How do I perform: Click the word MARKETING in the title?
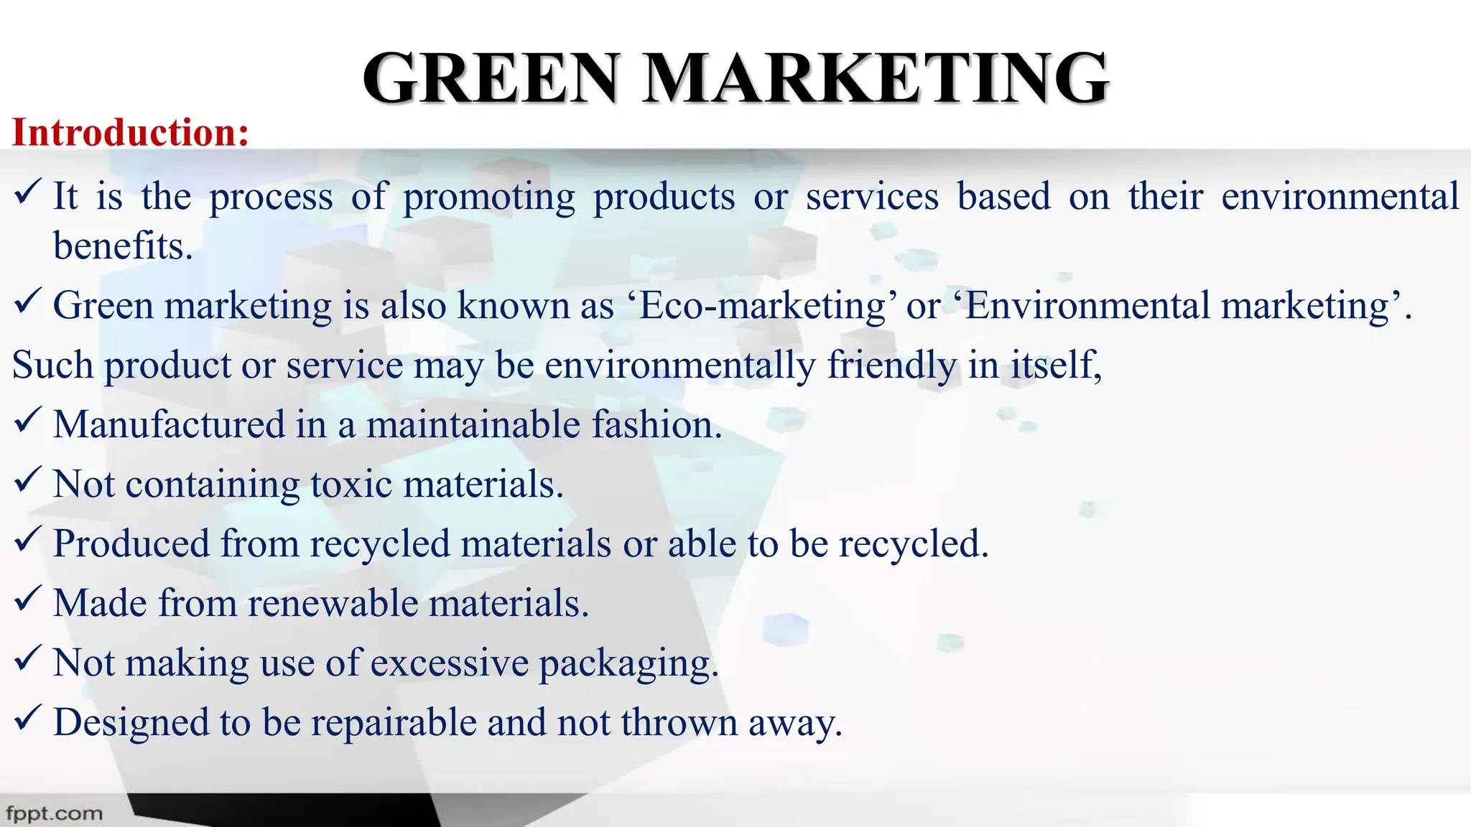pyautogui.click(x=876, y=78)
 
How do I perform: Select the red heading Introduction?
pyautogui.click(x=131, y=133)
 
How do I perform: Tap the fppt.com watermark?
pyautogui.click(x=54, y=814)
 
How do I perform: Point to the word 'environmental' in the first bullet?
pyautogui.click(x=1340, y=197)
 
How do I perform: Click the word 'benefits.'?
pyautogui.click(x=123, y=246)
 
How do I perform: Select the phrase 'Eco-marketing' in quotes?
pyautogui.click(x=762, y=306)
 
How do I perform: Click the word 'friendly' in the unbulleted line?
pyautogui.click(x=891, y=365)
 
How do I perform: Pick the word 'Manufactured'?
pyautogui.click(x=170, y=424)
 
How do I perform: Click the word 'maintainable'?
pyautogui.click(x=473, y=424)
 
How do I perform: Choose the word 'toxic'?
pyautogui.click(x=352, y=484)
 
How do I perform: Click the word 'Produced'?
pyautogui.click(x=131, y=543)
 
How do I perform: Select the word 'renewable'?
pyautogui.click(x=333, y=603)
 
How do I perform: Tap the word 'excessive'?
pyautogui.click(x=450, y=663)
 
